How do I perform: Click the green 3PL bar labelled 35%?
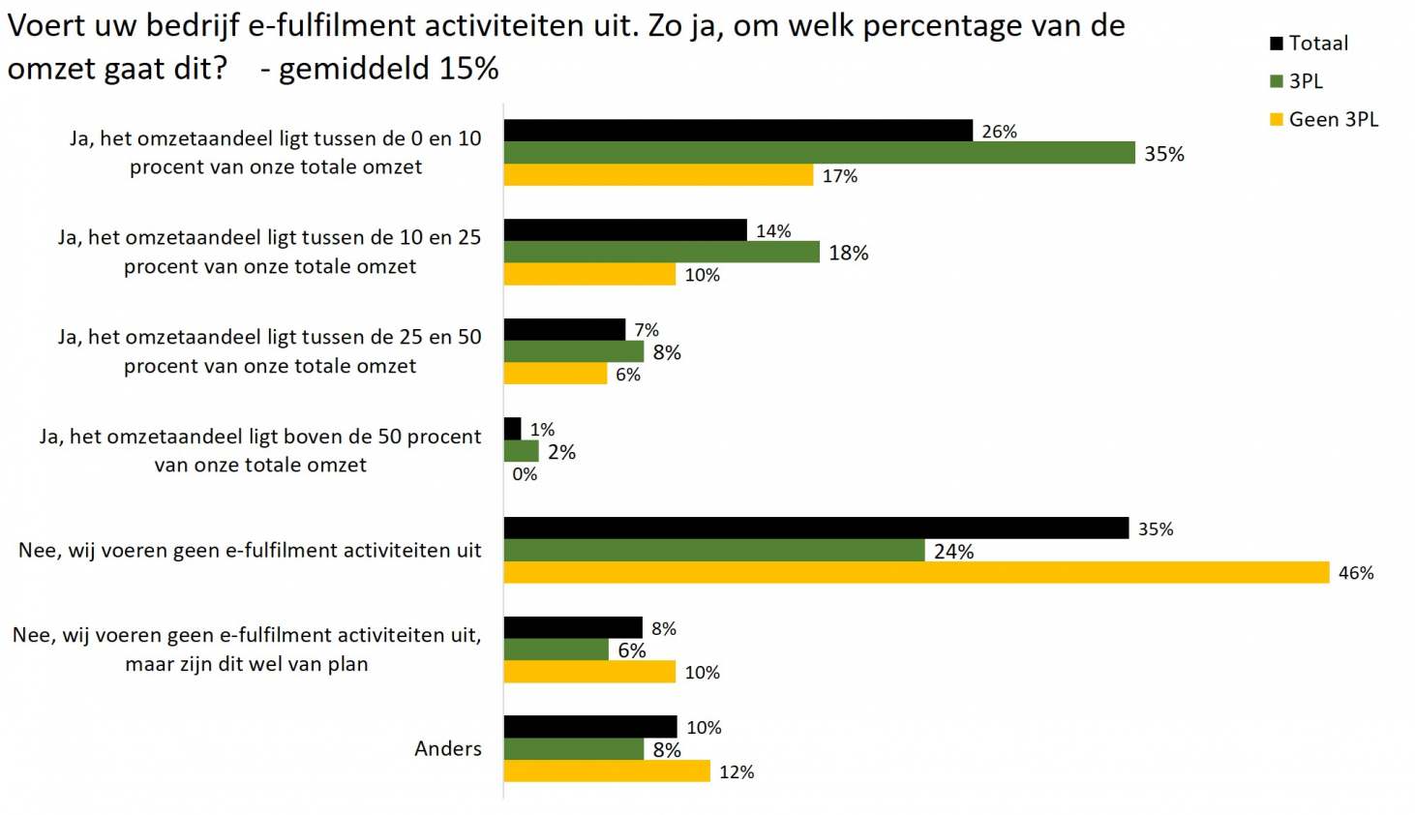(x=819, y=153)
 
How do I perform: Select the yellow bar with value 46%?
(x=916, y=573)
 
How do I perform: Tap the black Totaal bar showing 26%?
(x=738, y=131)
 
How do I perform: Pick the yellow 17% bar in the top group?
(x=658, y=175)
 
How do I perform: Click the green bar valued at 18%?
(x=661, y=253)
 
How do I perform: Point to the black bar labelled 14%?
(x=625, y=230)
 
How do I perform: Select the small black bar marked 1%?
(x=512, y=429)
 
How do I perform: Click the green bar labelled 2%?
(x=521, y=451)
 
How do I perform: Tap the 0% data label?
(x=525, y=474)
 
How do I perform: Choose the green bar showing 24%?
(x=714, y=551)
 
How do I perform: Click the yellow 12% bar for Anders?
(x=607, y=771)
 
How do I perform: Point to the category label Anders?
(x=447, y=748)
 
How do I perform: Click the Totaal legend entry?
(x=1317, y=44)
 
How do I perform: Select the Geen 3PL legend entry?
(x=1333, y=120)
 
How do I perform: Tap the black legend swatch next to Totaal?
(x=1277, y=44)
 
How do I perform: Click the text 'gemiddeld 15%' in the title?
(x=388, y=69)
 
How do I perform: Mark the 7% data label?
(x=647, y=330)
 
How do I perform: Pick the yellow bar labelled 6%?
(x=555, y=374)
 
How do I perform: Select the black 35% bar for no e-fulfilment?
(x=816, y=528)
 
